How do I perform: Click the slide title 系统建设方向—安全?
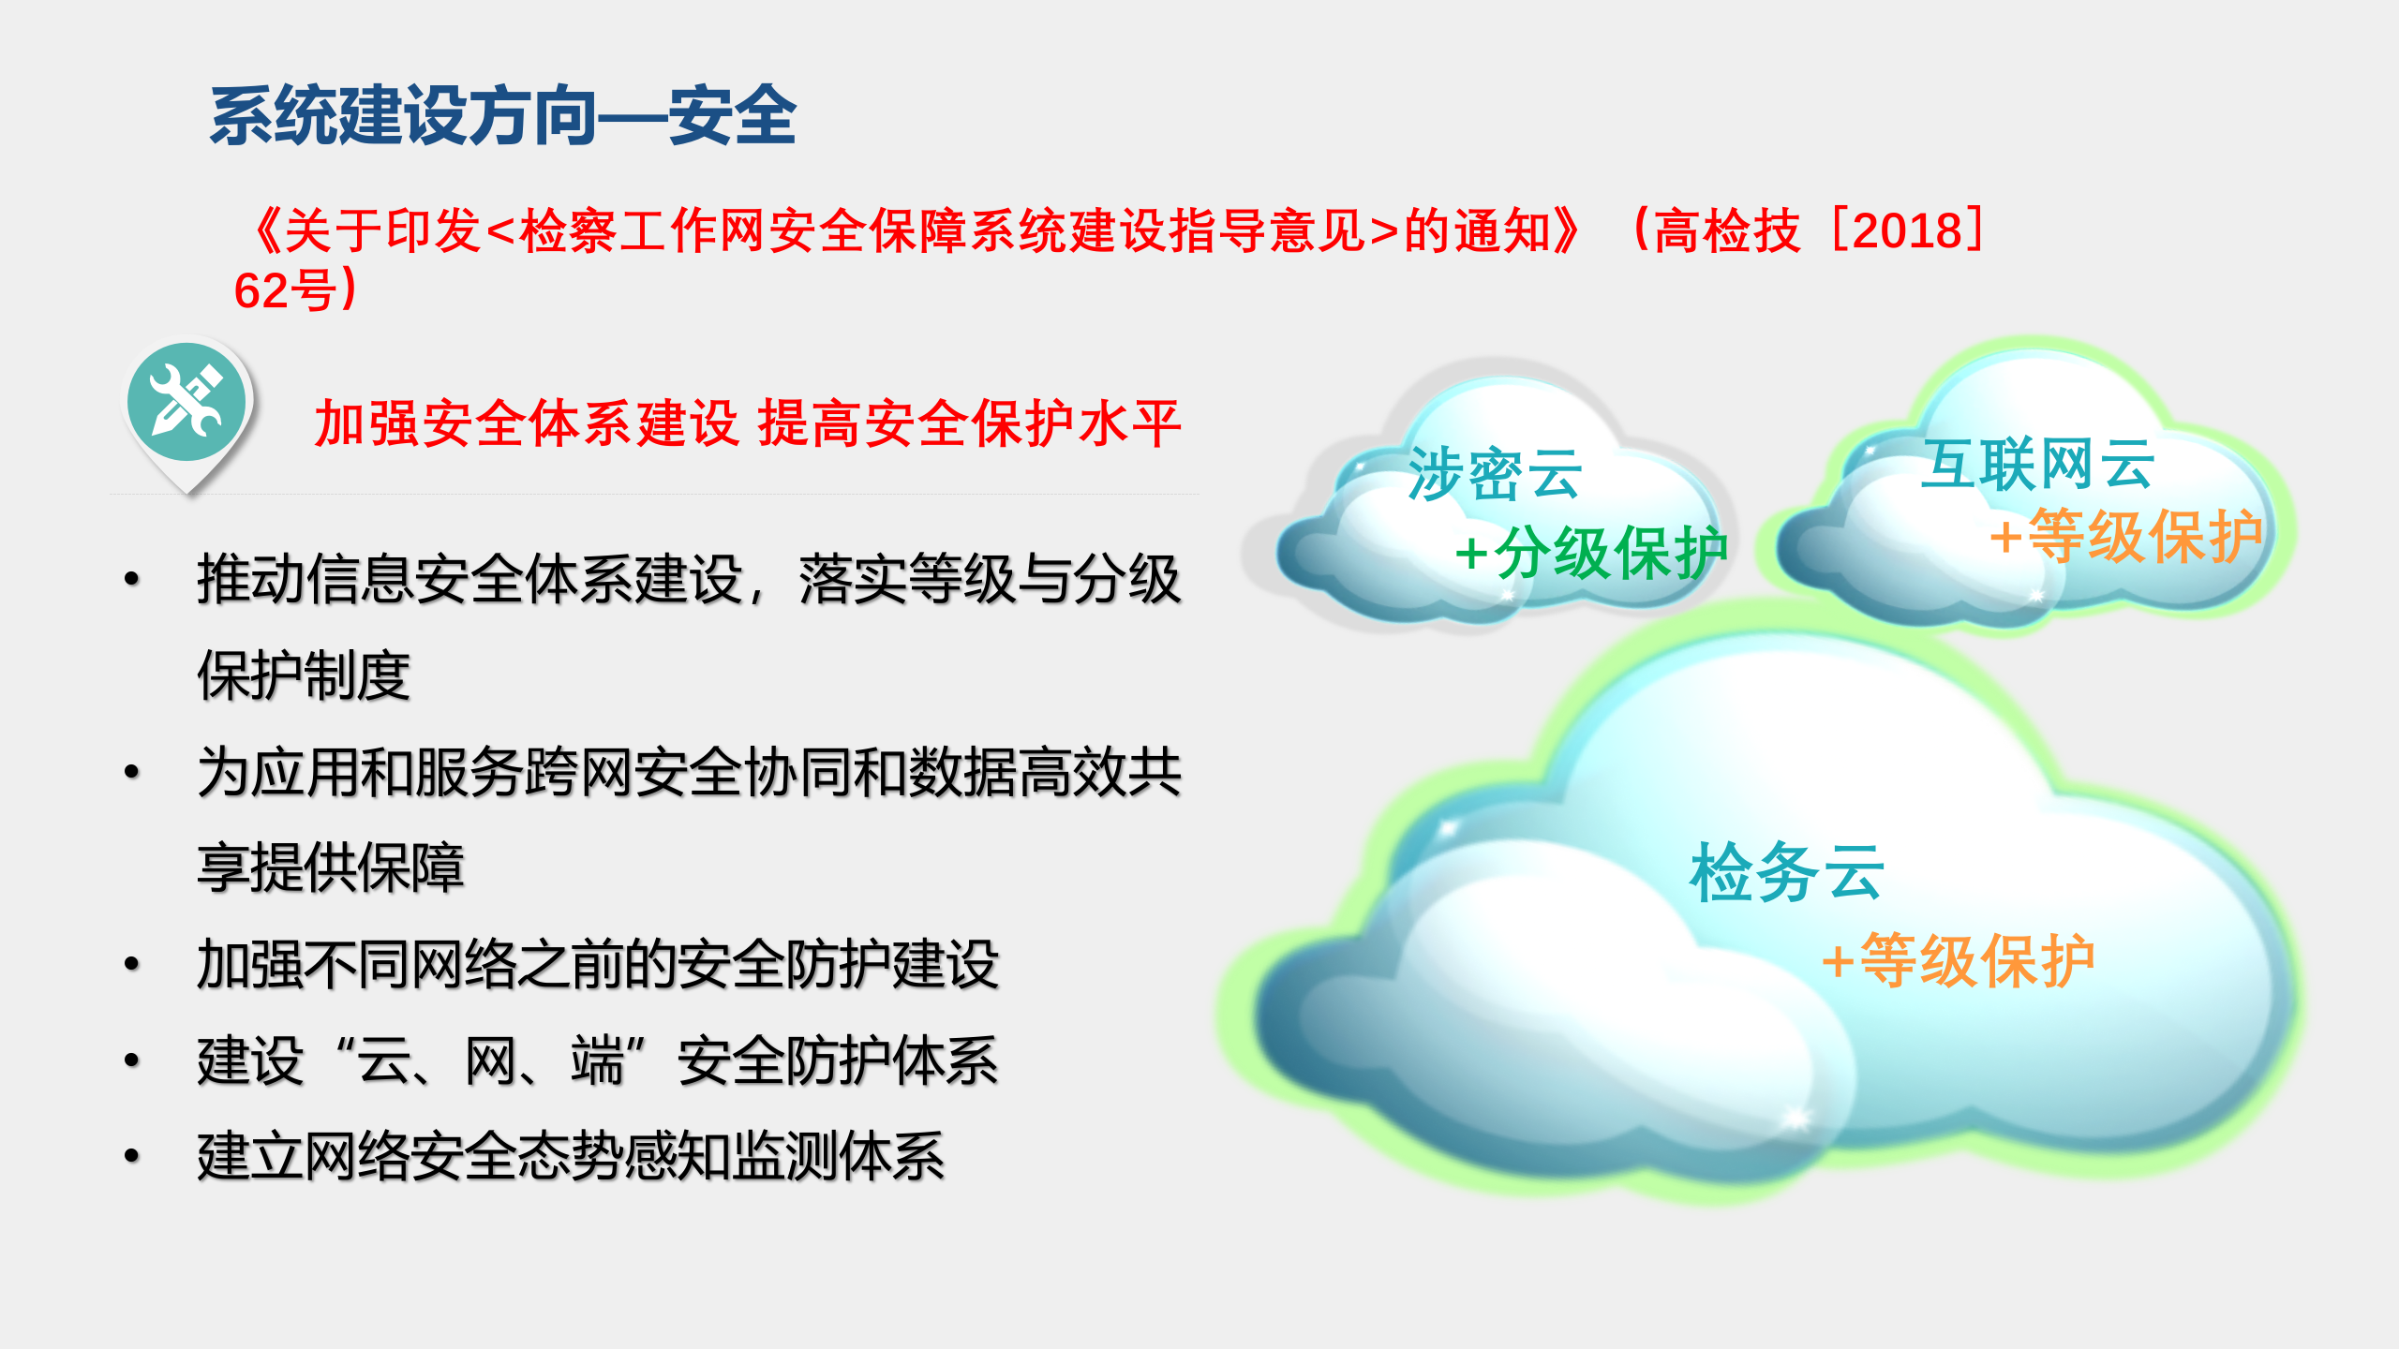[502, 116]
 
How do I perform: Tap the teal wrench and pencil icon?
[186, 403]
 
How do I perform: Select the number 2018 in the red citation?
[1906, 230]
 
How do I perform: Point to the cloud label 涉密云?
[1495, 474]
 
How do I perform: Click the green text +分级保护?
[1591, 553]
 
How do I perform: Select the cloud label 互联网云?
[2037, 464]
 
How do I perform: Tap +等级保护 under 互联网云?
[2125, 537]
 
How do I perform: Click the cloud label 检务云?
[1786, 871]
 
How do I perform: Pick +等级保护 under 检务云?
[1957, 960]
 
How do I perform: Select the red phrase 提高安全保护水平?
[969, 423]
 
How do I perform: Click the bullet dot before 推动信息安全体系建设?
[132, 579]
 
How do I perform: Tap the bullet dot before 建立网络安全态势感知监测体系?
[132, 1156]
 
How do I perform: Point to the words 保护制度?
[304, 675]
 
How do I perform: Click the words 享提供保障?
[331, 867]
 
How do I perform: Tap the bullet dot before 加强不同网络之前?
[132, 964]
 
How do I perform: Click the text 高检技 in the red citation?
[1726, 230]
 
